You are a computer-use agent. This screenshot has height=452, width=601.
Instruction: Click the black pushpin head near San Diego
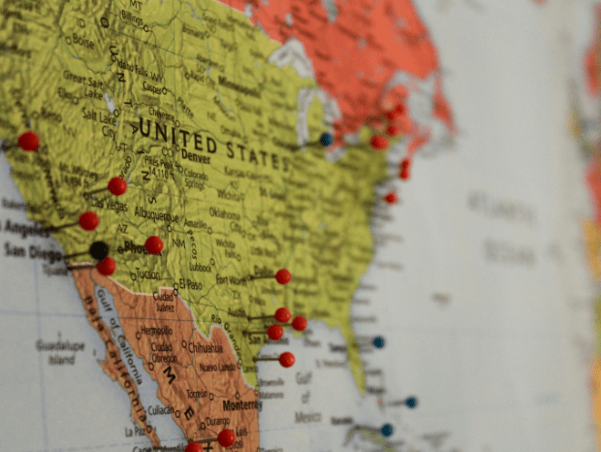[x=99, y=250]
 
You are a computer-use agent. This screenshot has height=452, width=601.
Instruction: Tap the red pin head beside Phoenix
[x=154, y=244]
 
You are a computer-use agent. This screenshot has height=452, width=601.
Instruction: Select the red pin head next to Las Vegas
[x=117, y=185]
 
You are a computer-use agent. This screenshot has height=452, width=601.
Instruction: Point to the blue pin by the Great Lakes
[x=327, y=139]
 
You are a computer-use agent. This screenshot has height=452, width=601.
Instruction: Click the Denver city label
[x=195, y=156]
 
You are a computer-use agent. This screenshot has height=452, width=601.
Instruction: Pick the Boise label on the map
[x=82, y=43]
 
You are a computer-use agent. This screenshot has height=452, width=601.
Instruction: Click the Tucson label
[x=148, y=274]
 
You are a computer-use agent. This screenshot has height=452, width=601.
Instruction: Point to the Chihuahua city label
[x=205, y=347]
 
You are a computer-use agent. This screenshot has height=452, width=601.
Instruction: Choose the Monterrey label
[x=242, y=404]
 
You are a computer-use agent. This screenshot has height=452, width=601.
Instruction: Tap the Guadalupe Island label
[x=60, y=351]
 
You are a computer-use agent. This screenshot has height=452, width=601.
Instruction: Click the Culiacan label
[x=163, y=410]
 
